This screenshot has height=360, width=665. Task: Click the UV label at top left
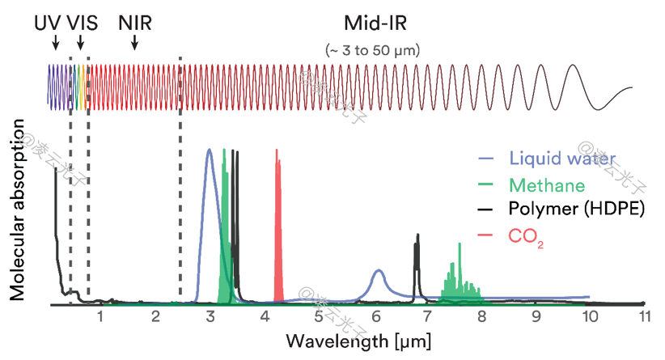click(47, 22)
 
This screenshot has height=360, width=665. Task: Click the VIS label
click(83, 22)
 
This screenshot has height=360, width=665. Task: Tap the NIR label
click(134, 22)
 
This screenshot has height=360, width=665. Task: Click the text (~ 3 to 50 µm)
click(373, 49)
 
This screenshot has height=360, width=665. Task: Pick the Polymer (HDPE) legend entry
click(576, 210)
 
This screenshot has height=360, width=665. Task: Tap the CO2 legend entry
click(524, 236)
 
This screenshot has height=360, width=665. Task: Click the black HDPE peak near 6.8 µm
click(417, 259)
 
